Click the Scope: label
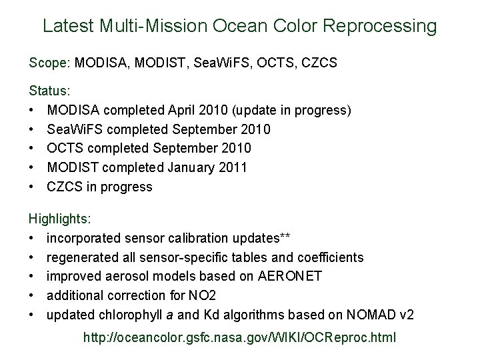point(50,63)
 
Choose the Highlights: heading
point(61,218)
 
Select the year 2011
point(233,167)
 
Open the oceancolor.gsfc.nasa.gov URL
point(239,339)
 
